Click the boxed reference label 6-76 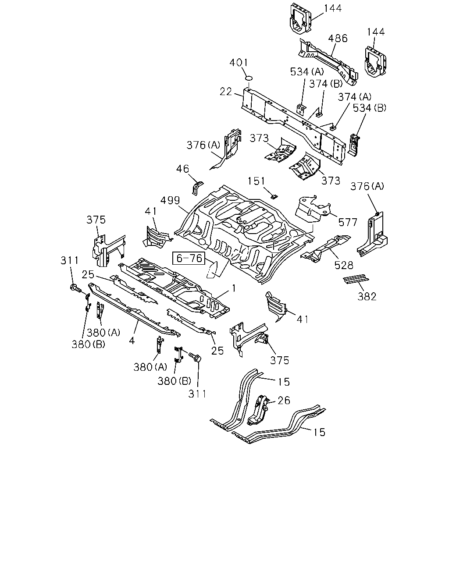[189, 258]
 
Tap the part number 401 [239, 63]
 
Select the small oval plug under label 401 [249, 78]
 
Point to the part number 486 [338, 38]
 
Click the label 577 [348, 222]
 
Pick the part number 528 [344, 266]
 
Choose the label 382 [367, 297]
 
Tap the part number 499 [170, 200]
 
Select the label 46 [182, 169]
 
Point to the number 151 [256, 181]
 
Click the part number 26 [284, 401]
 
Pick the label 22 [226, 92]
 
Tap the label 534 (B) [370, 108]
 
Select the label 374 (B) [326, 84]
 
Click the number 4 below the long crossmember [132, 341]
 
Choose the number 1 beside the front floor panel [234, 288]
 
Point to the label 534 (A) [307, 72]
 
